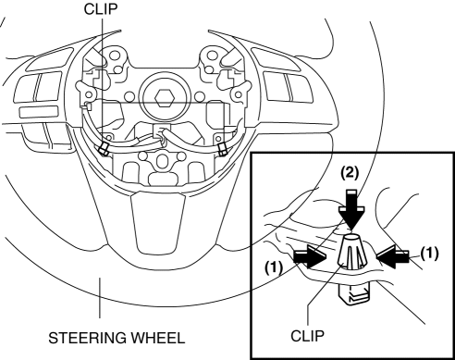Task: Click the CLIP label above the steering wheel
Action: pos(101,9)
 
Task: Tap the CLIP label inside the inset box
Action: pos(307,336)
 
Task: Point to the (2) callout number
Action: pos(350,173)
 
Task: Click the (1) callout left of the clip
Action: pos(274,267)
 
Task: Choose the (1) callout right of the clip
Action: pos(429,254)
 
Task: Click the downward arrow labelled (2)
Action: pos(351,210)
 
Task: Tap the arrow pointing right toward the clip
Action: pos(310,257)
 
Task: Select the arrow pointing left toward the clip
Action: pos(392,256)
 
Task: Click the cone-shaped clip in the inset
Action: pos(351,252)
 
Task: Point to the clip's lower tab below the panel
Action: pos(354,294)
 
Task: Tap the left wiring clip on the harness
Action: pos(103,149)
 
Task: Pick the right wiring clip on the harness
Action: pos(222,150)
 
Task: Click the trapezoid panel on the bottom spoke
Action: pos(158,222)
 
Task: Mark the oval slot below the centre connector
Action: pos(161,161)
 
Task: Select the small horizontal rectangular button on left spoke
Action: pos(39,112)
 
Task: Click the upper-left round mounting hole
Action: pos(115,56)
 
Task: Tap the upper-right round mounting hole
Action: pos(213,56)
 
